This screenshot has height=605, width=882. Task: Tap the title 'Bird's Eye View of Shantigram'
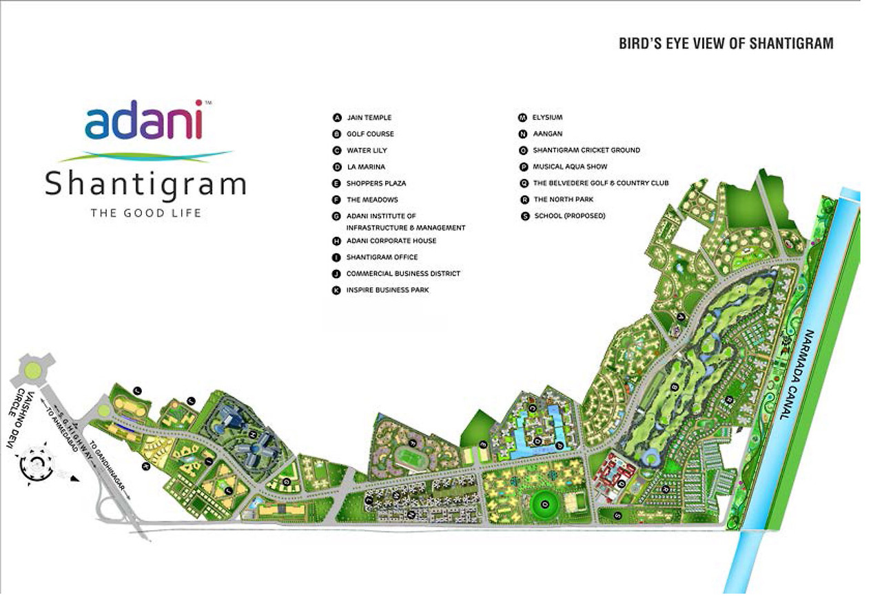[x=726, y=44]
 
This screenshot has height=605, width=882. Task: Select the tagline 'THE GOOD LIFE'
[x=146, y=213]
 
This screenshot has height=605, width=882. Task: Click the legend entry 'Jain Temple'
[x=369, y=118]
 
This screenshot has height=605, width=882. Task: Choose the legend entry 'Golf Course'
[x=370, y=134]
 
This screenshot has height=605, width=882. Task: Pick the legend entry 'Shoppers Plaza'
[x=376, y=184]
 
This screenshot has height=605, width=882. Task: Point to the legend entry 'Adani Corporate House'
[x=391, y=241]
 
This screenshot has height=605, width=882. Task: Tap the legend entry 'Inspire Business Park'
[x=387, y=290]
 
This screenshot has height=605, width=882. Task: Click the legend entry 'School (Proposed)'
[x=568, y=216]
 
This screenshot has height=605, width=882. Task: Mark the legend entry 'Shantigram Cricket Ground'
[x=586, y=150]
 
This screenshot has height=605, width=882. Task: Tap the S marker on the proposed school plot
[x=617, y=515]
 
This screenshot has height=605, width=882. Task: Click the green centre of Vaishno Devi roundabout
[x=32, y=370]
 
